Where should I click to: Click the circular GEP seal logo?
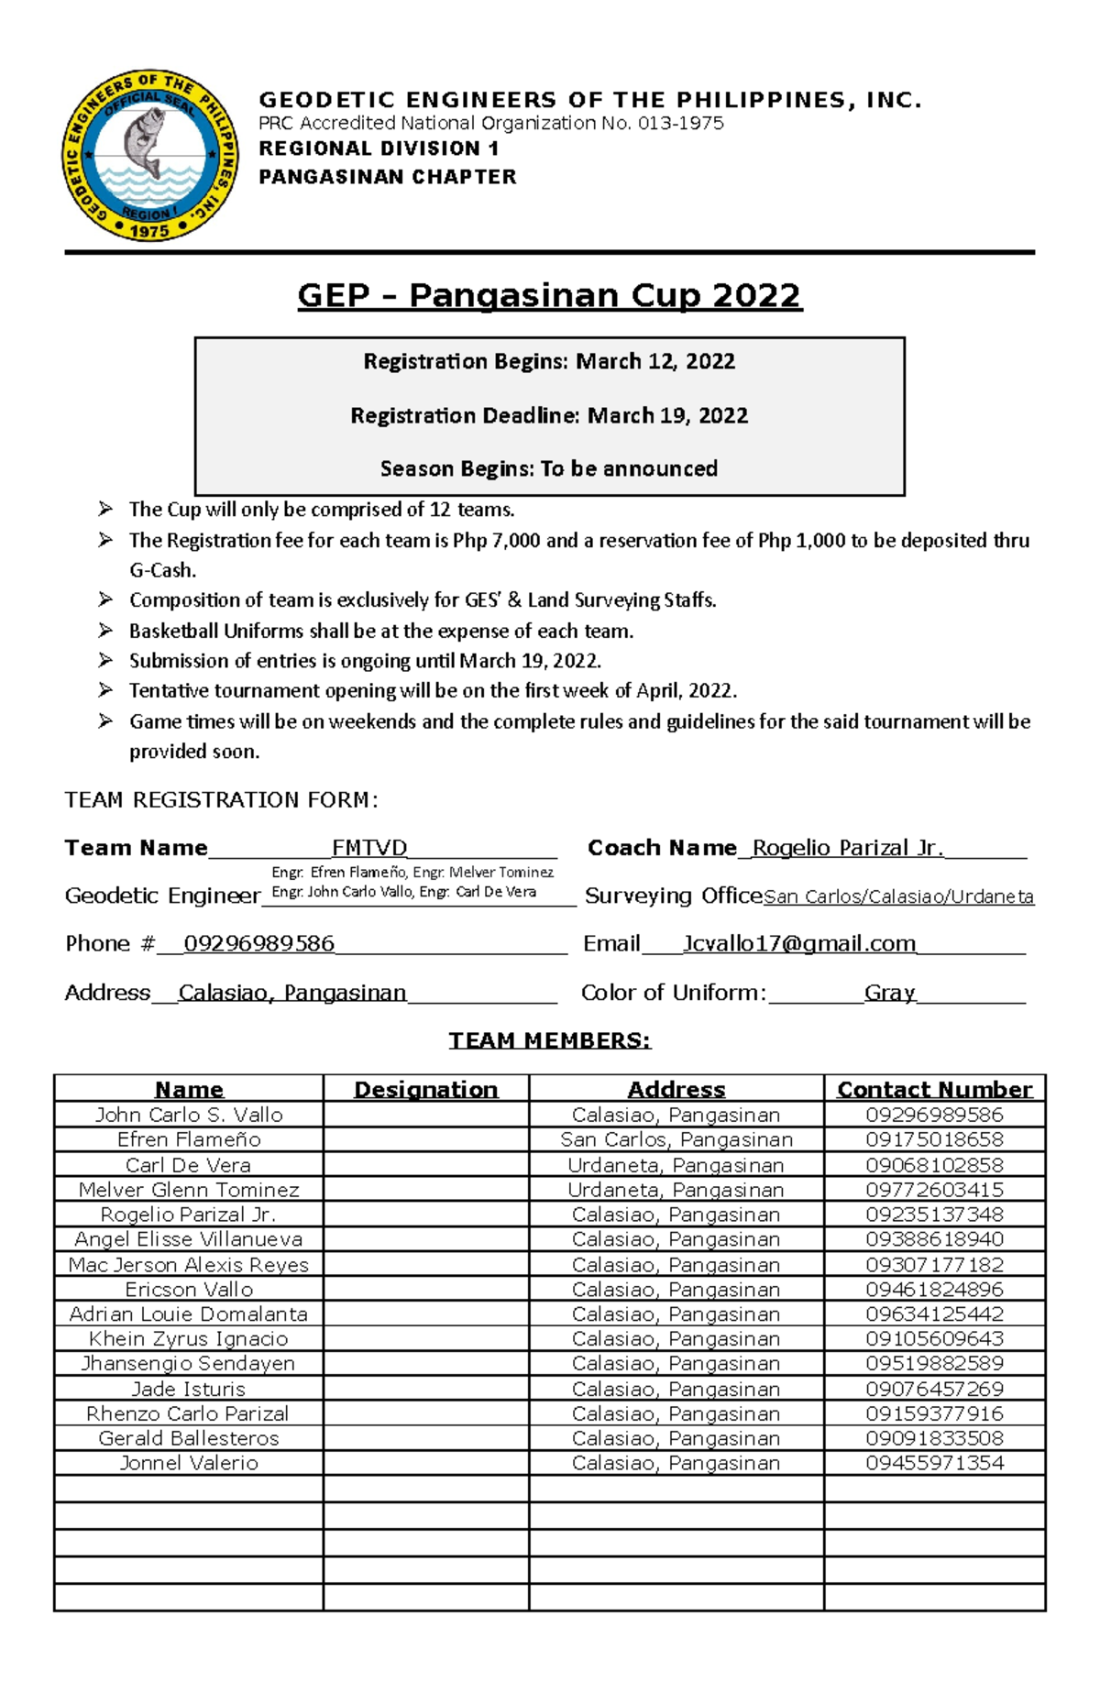point(149,156)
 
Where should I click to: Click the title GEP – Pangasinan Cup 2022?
point(549,296)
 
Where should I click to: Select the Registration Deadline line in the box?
point(549,415)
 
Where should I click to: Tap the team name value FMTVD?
point(369,848)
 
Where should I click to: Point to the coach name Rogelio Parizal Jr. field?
point(847,848)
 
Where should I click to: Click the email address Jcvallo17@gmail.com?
point(799,944)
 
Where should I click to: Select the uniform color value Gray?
point(889,993)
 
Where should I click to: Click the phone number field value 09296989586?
point(259,944)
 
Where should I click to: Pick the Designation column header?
point(425,1089)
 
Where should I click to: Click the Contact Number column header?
point(934,1089)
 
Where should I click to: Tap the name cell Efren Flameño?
point(189,1139)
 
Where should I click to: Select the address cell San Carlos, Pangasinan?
point(676,1139)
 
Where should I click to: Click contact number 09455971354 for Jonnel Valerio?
point(934,1463)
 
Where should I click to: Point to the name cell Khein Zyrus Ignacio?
point(189,1339)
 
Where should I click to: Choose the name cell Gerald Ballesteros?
point(189,1438)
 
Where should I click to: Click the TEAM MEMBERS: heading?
point(549,1040)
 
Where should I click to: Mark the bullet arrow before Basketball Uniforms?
point(105,630)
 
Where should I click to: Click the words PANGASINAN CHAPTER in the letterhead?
point(388,177)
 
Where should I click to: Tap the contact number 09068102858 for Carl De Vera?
point(934,1165)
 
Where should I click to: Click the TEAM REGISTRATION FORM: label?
point(221,800)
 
